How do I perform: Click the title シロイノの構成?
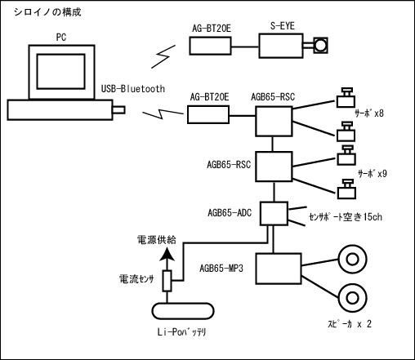47,12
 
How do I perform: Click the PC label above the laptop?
61,37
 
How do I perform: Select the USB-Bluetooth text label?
133,89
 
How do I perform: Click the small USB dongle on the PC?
118,110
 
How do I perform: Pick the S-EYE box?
281,46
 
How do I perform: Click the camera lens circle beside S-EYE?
320,46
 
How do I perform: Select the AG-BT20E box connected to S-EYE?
210,46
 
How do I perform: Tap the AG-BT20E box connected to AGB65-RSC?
208,114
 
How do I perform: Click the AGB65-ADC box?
274,214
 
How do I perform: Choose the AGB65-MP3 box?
279,269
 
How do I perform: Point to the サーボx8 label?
369,113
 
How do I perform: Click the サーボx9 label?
372,173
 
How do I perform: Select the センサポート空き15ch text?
346,217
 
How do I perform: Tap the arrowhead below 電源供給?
167,255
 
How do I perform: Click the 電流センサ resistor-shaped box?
167,281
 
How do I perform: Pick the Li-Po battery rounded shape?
183,311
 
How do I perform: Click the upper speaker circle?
352,259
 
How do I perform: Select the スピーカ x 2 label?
350,324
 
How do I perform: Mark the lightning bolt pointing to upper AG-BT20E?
163,56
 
